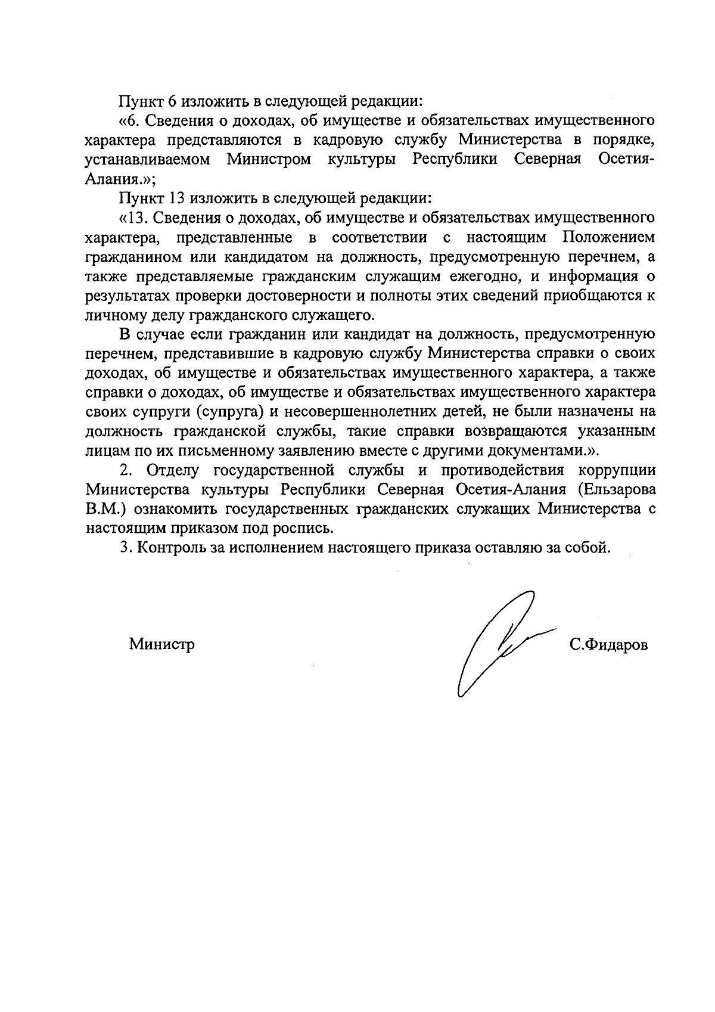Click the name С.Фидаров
click(608, 645)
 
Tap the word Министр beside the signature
click(161, 644)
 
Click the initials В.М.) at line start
click(105, 509)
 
